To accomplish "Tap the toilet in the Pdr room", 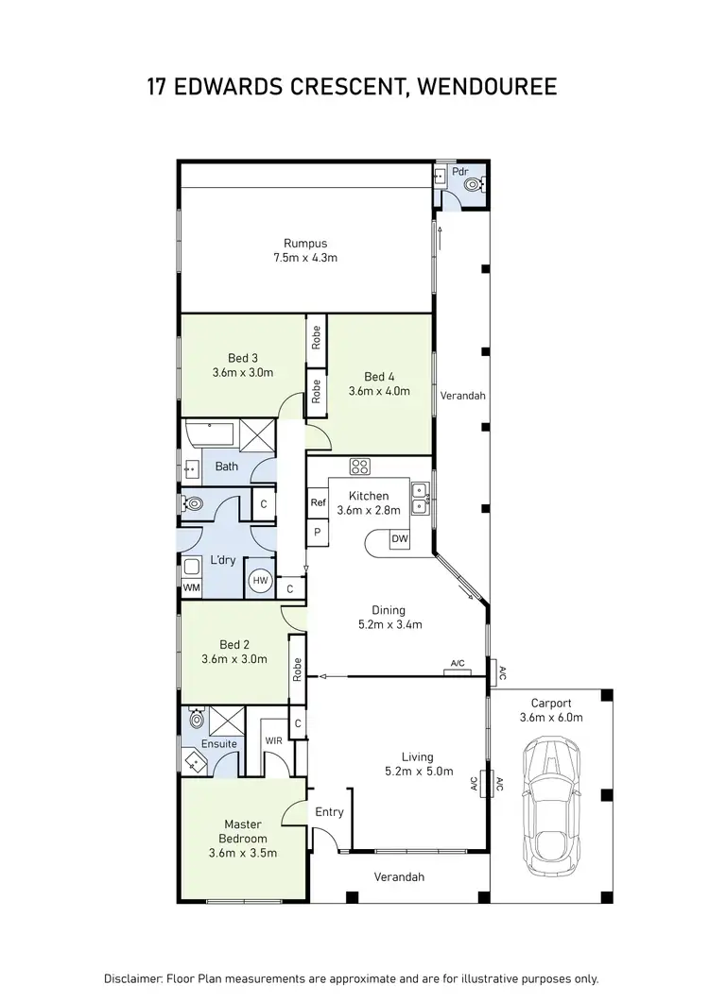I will (x=473, y=185).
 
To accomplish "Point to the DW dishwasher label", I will (x=399, y=538).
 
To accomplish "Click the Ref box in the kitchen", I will (x=318, y=503).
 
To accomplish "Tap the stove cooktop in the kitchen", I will (x=360, y=466).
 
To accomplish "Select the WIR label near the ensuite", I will (x=273, y=740).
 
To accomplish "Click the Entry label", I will (x=330, y=811).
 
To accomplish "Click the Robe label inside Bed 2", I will (x=297, y=671).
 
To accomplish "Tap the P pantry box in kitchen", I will (x=318, y=533).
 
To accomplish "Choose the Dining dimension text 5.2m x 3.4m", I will (x=390, y=624).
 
